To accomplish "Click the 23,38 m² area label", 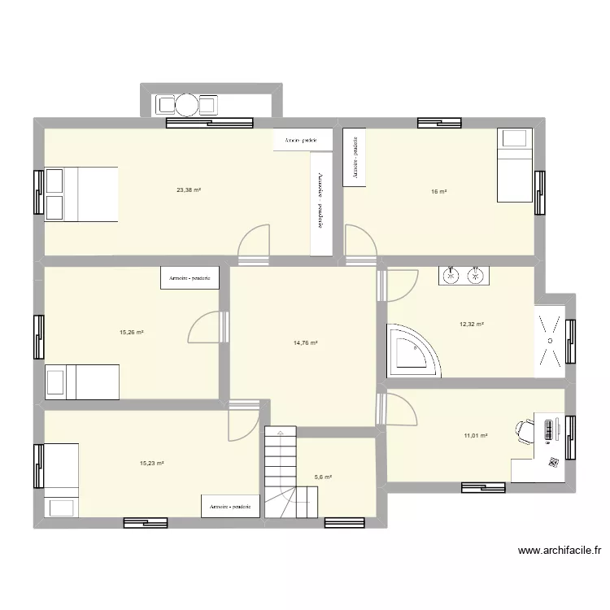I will (189, 190).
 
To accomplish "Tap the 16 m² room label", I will (439, 192).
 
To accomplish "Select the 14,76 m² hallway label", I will (305, 343).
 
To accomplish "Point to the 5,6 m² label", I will (323, 477).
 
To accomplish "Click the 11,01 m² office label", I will (476, 436).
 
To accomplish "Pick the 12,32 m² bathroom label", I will (472, 325).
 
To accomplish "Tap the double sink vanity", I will (464, 277).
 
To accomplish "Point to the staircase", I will (279, 476).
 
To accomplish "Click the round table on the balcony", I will (186, 104).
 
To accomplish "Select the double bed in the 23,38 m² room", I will (81, 194).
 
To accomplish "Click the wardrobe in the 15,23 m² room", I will (230, 506).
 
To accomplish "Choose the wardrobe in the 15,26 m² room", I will (190, 278).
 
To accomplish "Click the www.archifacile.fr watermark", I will (560, 551).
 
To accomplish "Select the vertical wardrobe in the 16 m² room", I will (355, 156).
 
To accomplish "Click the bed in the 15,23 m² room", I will (61, 480).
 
